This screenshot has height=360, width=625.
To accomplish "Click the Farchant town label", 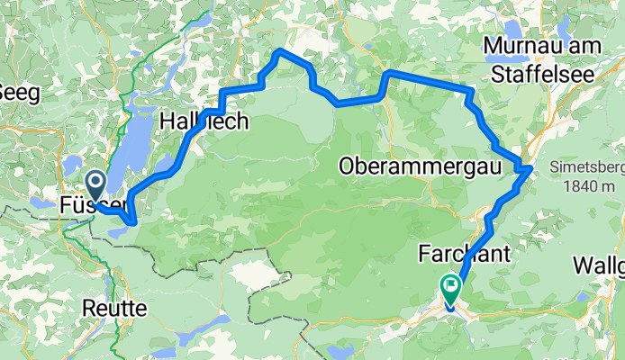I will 465,255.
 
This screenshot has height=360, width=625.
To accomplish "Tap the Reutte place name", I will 114,308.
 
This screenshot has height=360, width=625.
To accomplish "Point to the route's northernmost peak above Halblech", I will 281,51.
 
